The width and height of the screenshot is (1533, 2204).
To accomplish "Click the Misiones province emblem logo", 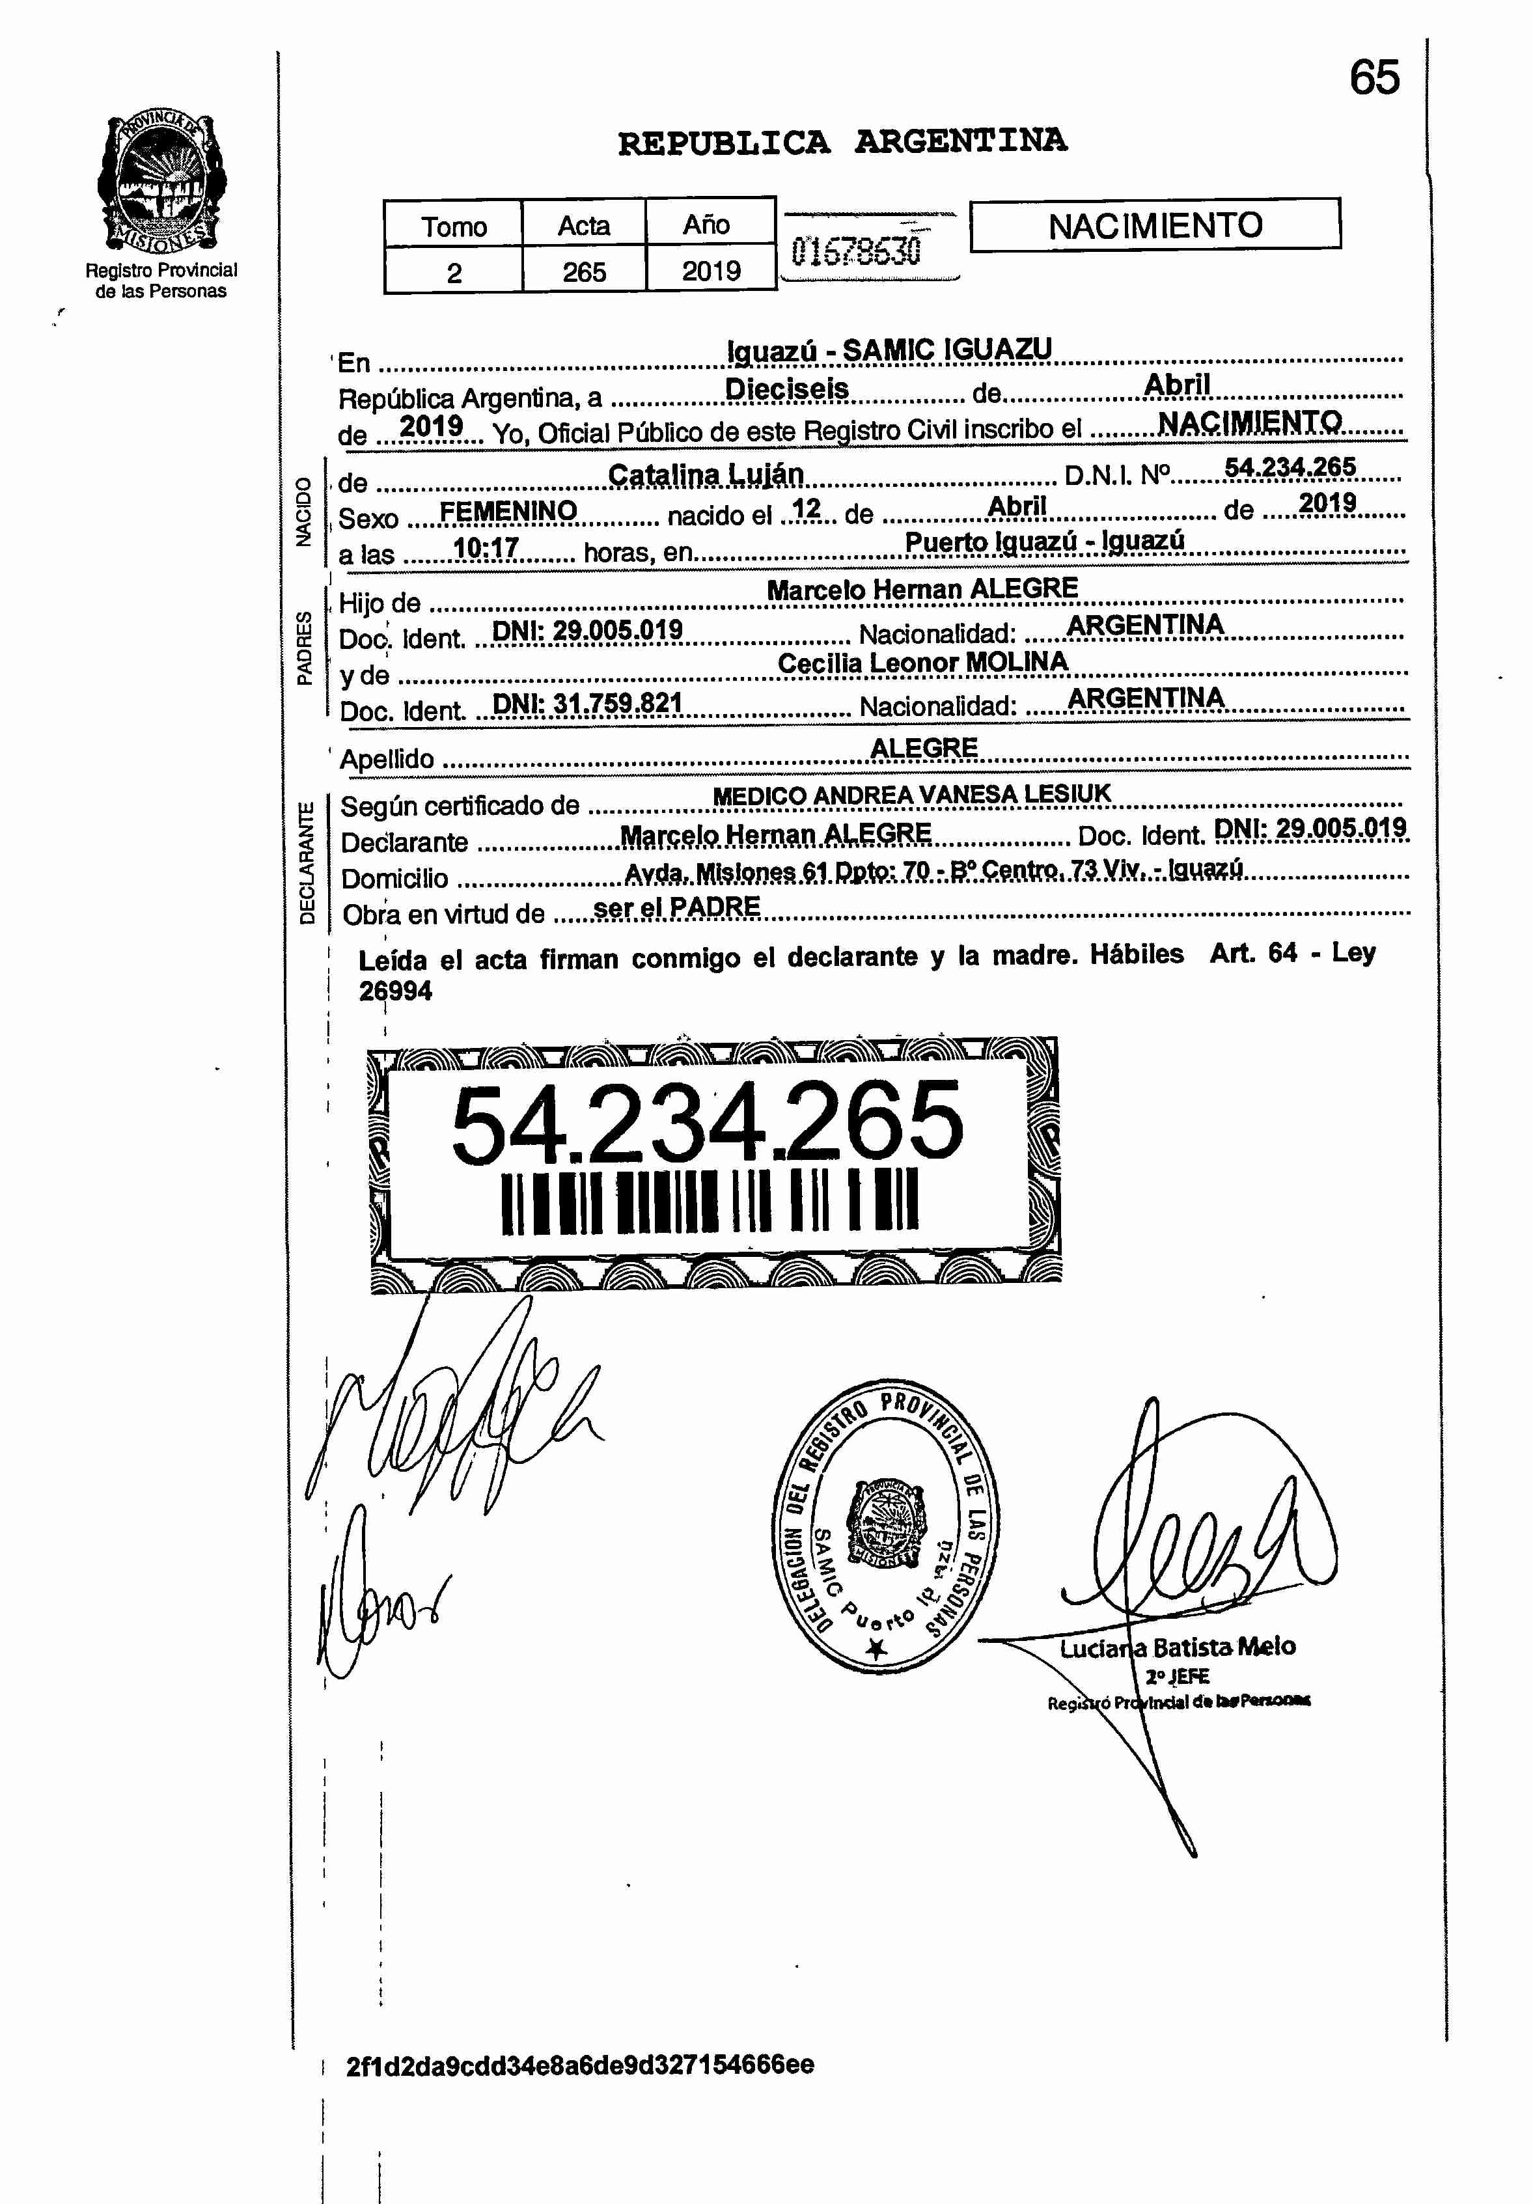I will tap(161, 182).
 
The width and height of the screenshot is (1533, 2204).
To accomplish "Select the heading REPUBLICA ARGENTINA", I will tap(842, 142).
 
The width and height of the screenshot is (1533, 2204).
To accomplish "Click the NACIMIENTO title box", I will tap(1155, 226).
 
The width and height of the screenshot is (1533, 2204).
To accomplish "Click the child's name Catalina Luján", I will tap(706, 475).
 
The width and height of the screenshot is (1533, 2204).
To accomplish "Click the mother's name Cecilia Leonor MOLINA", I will tap(922, 663).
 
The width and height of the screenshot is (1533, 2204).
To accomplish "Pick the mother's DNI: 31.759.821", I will tap(587, 704).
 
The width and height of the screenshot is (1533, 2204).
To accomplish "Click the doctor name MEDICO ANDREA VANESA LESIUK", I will tap(911, 795).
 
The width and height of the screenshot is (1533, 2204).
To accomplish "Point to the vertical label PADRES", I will tap(304, 648).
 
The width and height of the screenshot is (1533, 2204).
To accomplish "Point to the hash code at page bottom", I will tap(580, 2064).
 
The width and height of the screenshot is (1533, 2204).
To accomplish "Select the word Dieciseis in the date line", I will tap(786, 389).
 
